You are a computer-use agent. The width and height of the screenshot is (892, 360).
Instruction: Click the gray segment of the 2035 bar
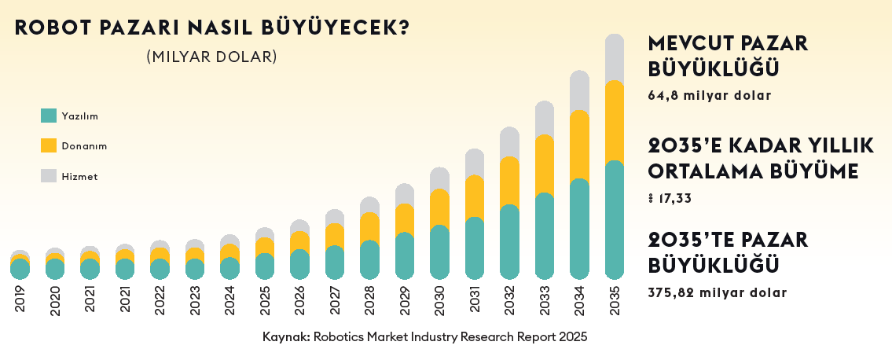click(x=615, y=57)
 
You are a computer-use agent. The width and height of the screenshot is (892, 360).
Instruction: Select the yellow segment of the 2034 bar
click(x=579, y=145)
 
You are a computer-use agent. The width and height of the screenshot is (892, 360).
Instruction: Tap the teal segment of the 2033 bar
click(x=545, y=236)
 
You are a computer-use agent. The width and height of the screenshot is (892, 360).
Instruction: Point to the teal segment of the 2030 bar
click(x=440, y=252)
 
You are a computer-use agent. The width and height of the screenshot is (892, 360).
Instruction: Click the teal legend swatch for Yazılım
click(x=49, y=116)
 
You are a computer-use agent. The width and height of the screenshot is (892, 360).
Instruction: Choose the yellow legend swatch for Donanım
click(x=49, y=145)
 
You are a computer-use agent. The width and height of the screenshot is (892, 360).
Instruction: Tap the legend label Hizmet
click(x=79, y=177)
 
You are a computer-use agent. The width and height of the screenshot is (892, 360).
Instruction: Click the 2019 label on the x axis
click(x=20, y=299)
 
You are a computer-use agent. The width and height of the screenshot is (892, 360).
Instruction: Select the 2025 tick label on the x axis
click(x=265, y=299)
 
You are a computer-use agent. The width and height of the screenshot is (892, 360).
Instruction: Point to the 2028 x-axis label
click(x=369, y=299)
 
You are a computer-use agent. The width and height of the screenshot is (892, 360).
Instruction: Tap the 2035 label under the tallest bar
click(x=615, y=299)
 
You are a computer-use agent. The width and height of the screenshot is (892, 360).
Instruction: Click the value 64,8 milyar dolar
click(x=710, y=96)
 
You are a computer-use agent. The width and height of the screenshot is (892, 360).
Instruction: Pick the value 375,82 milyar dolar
click(x=718, y=293)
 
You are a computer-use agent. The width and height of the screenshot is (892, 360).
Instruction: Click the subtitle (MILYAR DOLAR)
click(x=211, y=57)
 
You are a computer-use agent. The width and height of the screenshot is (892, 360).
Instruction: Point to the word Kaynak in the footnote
click(x=285, y=336)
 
